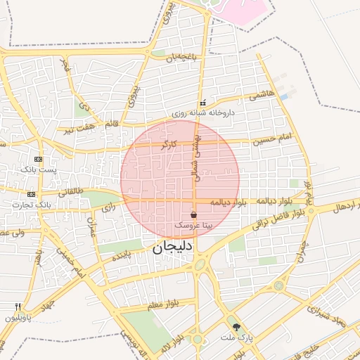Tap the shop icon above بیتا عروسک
[x=194, y=214]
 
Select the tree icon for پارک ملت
[x=236, y=327]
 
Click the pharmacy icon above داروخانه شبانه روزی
[x=203, y=103]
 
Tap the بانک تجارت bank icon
[x=31, y=194]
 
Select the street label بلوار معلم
[x=162, y=305]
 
